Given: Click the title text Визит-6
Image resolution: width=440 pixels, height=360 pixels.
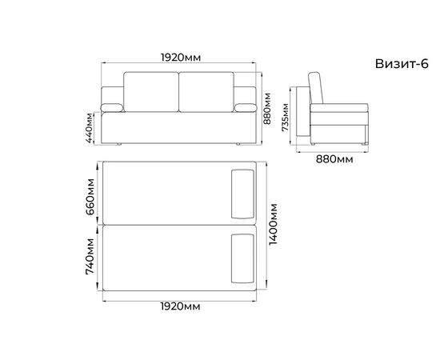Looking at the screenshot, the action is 402,64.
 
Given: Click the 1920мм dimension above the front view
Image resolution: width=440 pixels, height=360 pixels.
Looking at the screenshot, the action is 181,58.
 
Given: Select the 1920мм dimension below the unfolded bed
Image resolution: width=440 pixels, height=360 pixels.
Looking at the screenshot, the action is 181,306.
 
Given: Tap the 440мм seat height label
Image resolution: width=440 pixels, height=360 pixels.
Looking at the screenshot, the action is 90,128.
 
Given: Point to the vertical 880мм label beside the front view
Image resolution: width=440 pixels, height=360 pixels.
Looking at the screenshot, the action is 267,109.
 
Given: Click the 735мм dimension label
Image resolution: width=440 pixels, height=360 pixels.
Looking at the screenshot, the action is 285,118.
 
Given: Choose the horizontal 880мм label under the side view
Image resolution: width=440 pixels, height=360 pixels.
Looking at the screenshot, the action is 334,159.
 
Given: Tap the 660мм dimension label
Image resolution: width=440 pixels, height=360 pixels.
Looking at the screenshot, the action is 90,197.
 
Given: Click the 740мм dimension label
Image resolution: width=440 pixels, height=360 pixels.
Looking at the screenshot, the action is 90,257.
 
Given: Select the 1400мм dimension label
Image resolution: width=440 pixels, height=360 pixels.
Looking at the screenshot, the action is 273,224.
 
